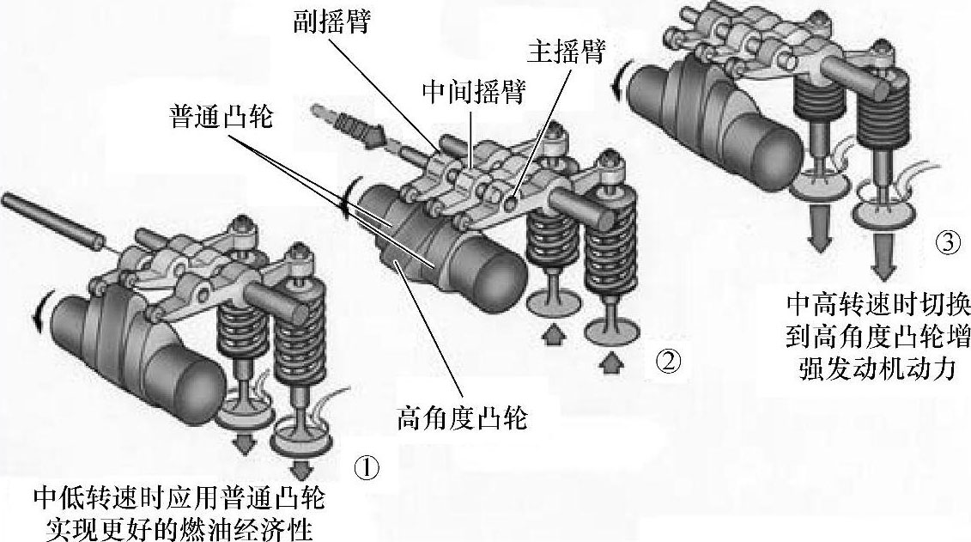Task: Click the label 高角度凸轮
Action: [x=463, y=418]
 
